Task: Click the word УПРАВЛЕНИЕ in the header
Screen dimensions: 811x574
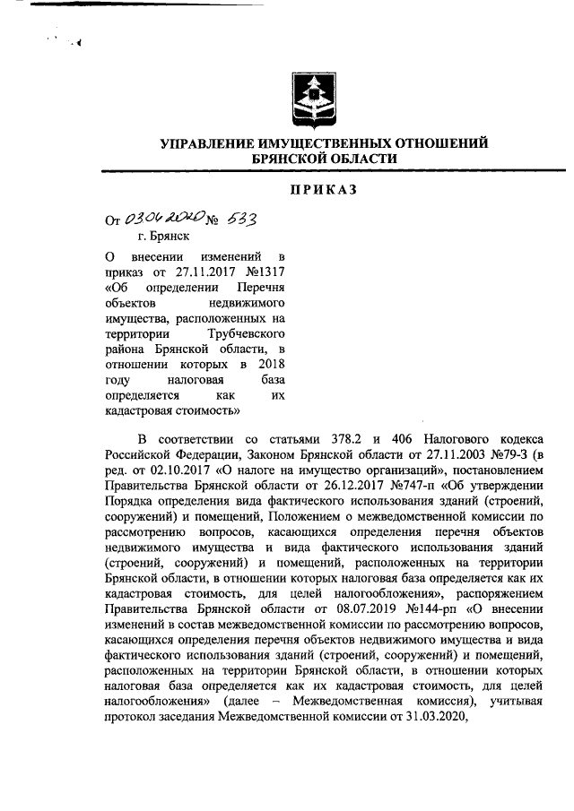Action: (205, 143)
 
